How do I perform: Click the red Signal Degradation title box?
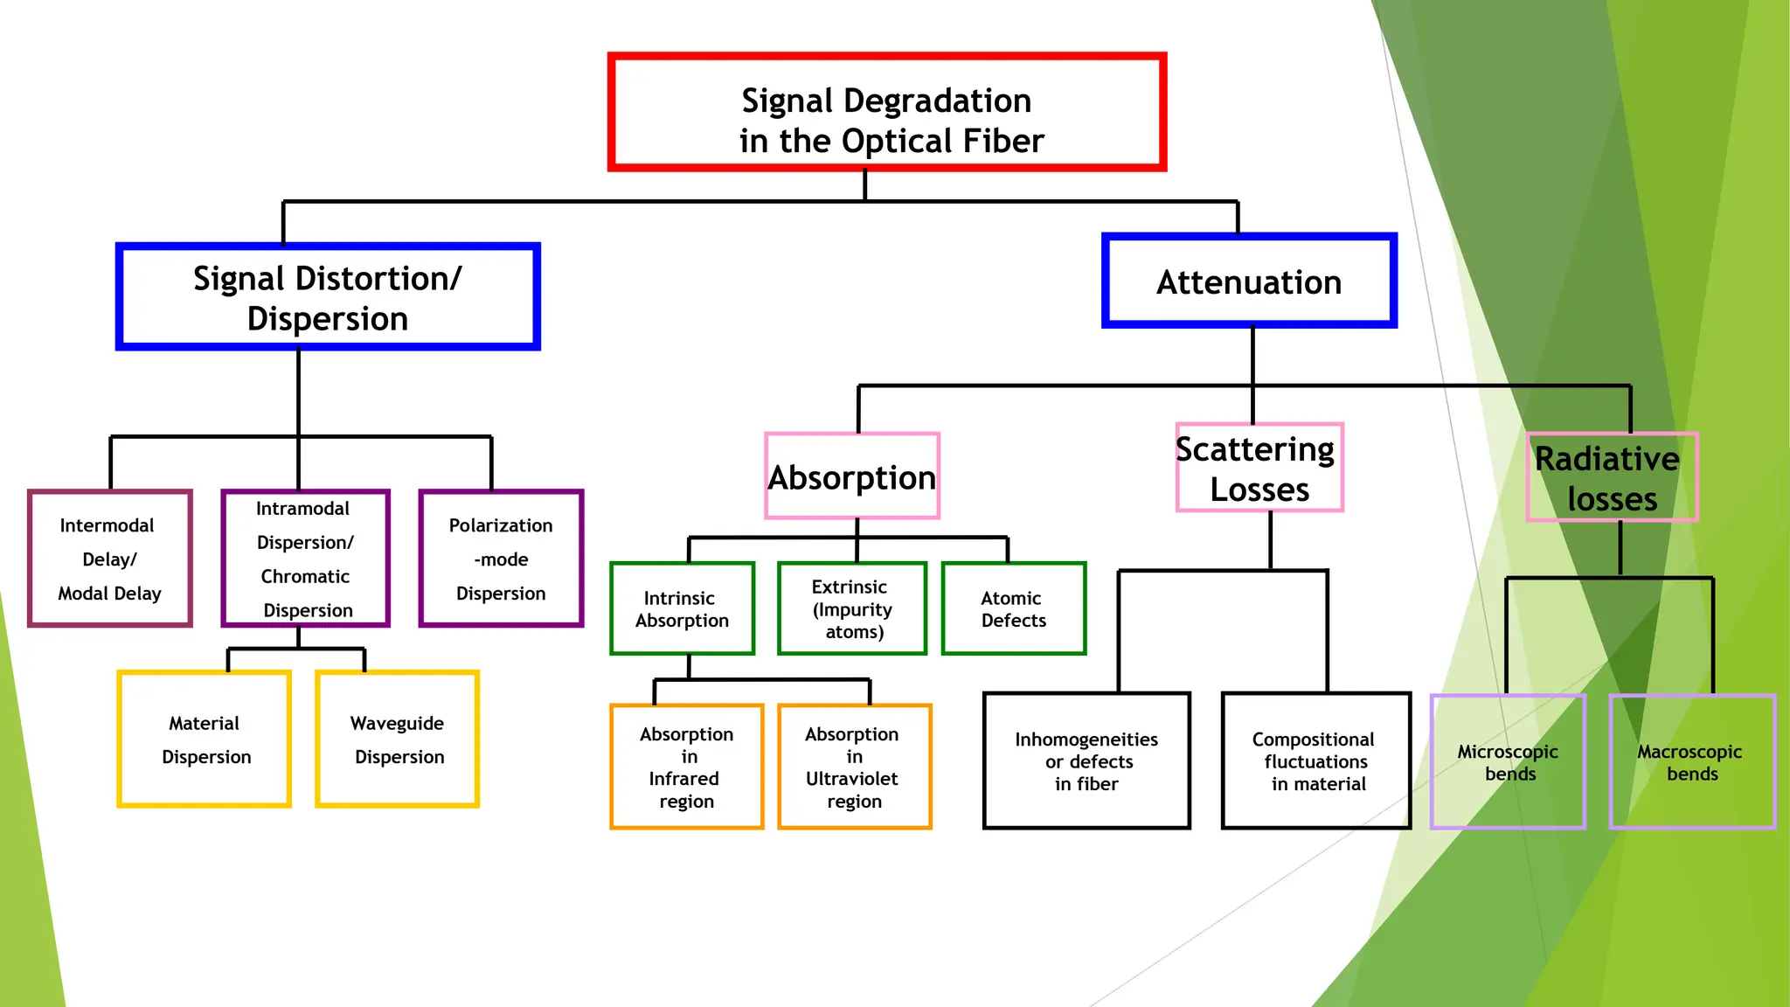pyautogui.click(x=886, y=112)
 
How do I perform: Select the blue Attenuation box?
pyautogui.click(x=1249, y=281)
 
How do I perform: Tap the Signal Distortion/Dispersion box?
pyautogui.click(x=328, y=297)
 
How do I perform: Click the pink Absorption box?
pyautogui.click(x=852, y=476)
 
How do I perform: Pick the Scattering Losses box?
pyautogui.click(x=1259, y=469)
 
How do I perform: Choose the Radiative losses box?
pyautogui.click(x=1612, y=477)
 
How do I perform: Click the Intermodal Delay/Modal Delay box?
pyautogui.click(x=110, y=559)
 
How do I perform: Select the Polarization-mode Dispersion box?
pyautogui.click(x=501, y=559)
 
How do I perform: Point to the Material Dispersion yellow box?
pyautogui.click(x=205, y=740)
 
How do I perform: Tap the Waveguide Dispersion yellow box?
pyautogui.click(x=398, y=740)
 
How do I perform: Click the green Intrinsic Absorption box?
pyautogui.click(x=682, y=608)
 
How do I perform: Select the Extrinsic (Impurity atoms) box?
pyautogui.click(x=851, y=608)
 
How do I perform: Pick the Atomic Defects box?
pyautogui.click(x=1013, y=608)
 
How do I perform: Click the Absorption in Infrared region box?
pyautogui.click(x=686, y=767)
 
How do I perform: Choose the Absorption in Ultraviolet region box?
pyautogui.click(x=854, y=767)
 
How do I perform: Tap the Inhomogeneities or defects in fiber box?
pyautogui.click(x=1086, y=760)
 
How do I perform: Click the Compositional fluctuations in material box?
pyautogui.click(x=1316, y=760)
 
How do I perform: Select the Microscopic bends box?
pyautogui.click(x=1508, y=762)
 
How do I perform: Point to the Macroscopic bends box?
pyautogui.click(x=1691, y=762)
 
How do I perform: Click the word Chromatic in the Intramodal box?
pyautogui.click(x=305, y=576)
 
